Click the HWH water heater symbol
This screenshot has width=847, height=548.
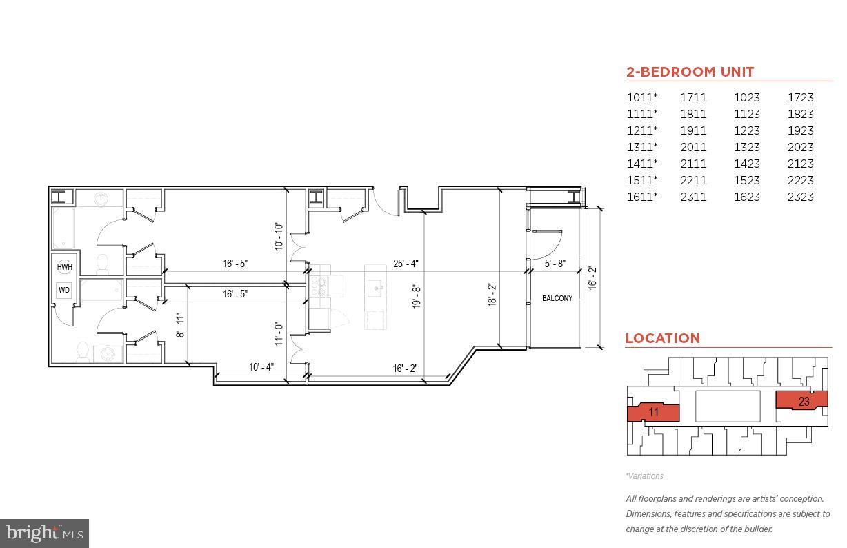64,267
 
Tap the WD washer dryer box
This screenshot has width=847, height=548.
64,291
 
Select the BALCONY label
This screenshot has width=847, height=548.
557,298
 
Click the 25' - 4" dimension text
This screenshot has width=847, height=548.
406,263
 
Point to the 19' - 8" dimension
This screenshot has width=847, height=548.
416,297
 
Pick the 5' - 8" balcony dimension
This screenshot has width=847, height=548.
555,263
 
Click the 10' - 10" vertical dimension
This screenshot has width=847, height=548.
279,235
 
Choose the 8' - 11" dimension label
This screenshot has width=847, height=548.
180,326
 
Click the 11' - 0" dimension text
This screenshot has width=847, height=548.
279,333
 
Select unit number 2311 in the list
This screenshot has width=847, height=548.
693,197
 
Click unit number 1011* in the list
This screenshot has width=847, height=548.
641,97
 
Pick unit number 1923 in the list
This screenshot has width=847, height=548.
800,130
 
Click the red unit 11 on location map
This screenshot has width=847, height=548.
653,413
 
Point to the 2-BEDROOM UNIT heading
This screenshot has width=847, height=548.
690,72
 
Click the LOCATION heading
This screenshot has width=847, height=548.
662,338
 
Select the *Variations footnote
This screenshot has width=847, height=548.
644,476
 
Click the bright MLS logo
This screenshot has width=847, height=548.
44,533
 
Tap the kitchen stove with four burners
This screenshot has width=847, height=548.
319,286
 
